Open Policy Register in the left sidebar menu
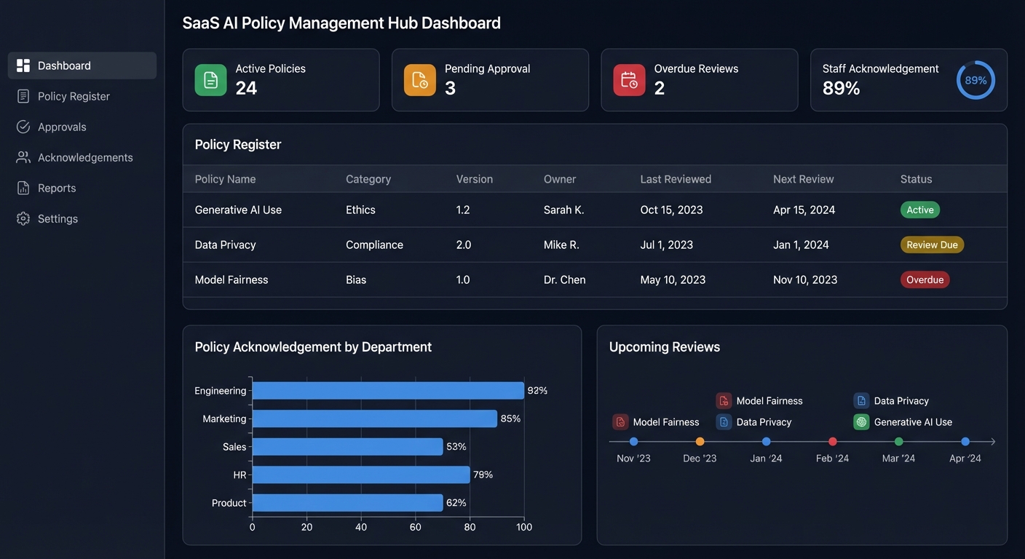pos(74,96)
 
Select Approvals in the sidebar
pos(62,127)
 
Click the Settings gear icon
pos(23,218)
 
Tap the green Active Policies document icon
pos(210,80)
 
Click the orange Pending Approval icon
pos(420,80)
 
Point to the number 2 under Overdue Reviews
pos(660,88)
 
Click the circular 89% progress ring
pos(975,80)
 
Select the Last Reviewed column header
pos(676,179)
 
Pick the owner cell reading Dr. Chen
pos(564,279)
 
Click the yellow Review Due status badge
pos(932,245)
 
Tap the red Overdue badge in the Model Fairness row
pos(925,279)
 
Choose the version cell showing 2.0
pos(464,245)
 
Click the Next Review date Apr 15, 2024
pos(804,210)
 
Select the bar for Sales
pos(347,447)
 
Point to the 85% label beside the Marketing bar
pos(510,419)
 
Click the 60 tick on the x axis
pos(415,527)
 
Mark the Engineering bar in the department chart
pos(388,391)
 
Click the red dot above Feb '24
pos(833,441)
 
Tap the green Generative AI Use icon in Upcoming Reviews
pos(861,422)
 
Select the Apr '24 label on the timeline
pos(965,459)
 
